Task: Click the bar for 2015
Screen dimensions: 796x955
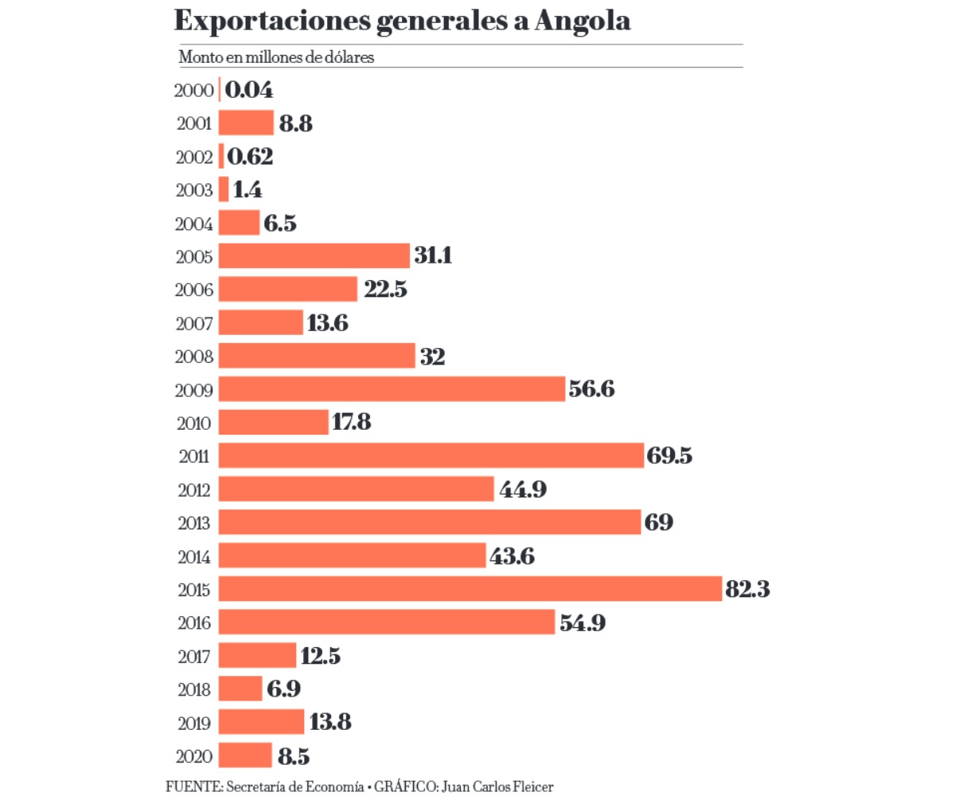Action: pos(470,589)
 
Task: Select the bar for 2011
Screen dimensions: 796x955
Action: pos(431,456)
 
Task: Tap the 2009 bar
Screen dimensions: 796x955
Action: pos(392,389)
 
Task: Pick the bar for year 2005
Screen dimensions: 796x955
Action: pos(314,256)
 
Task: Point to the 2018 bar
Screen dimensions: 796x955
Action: pos(240,689)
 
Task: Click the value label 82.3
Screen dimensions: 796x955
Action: pos(748,589)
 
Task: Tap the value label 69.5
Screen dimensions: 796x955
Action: pos(670,456)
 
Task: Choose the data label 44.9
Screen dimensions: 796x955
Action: pos(523,490)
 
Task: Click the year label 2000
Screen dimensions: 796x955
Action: pos(193,91)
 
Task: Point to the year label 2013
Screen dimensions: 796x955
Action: pos(193,523)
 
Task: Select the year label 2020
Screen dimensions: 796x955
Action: pos(193,755)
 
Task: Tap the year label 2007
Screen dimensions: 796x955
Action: pos(193,324)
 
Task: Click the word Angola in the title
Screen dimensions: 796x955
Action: pos(582,21)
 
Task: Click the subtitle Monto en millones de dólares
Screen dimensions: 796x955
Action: pos(276,57)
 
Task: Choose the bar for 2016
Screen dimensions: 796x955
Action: pos(386,622)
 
